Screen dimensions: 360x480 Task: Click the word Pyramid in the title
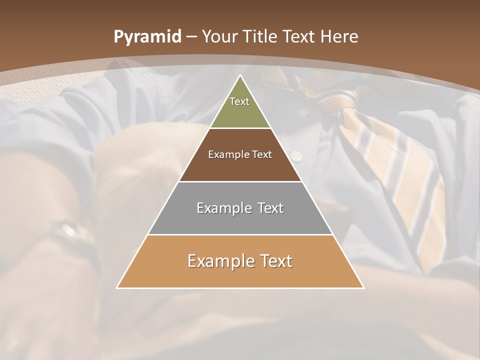[147, 37]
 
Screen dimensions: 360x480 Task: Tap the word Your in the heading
[220, 37]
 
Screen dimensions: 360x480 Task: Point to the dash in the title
[191, 37]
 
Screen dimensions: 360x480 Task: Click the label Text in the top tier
[239, 101]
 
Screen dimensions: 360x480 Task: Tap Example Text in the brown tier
[240, 154]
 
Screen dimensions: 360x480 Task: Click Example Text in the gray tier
[240, 208]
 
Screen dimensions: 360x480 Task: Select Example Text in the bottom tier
[240, 261]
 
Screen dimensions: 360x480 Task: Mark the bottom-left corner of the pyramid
[117, 287]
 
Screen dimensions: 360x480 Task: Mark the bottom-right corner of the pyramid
[363, 287]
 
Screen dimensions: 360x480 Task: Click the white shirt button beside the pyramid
[297, 156]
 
